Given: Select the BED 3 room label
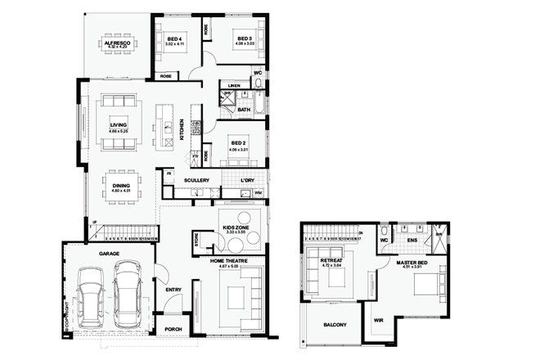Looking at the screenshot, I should coord(244,38).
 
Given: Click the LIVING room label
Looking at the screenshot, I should coord(119,126).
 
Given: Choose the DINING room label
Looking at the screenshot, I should coord(120,186).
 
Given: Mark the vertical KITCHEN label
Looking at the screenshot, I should coord(182,130).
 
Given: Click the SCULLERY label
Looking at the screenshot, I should coord(197,180).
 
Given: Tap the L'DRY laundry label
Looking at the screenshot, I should coord(248,180).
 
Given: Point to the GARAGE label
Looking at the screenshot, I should coord(110,254).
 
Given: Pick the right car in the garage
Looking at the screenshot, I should coord(128,293).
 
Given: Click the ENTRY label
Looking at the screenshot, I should coord(173,290).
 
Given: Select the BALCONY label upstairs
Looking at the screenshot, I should coord(334,325).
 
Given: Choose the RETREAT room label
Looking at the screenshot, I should coord(332,263).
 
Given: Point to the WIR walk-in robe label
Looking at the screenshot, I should coord(379,320).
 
